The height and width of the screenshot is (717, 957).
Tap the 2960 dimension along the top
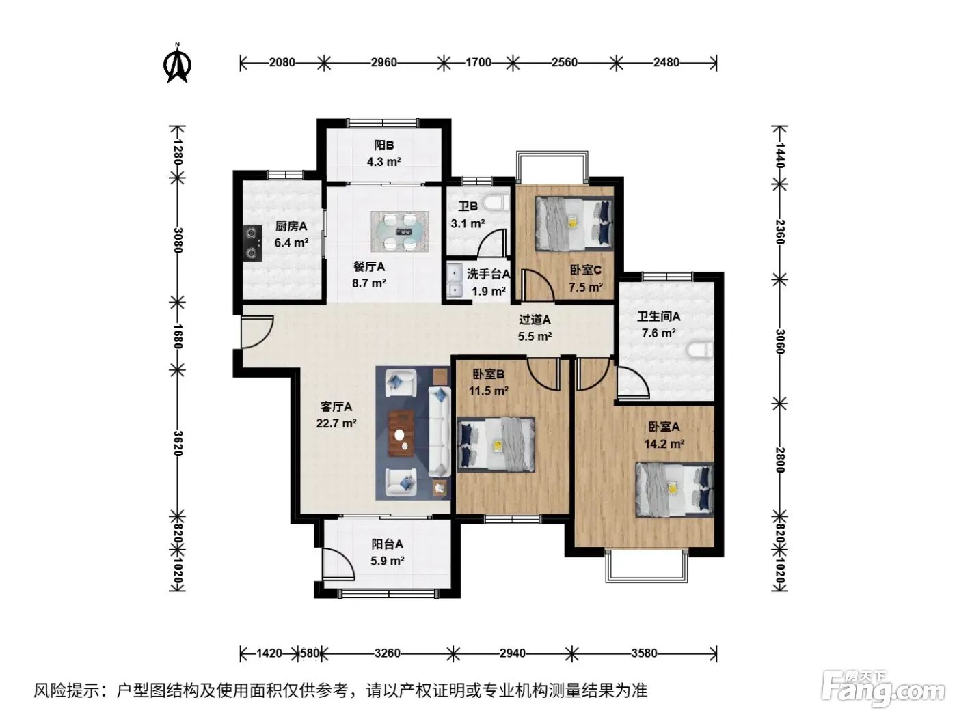[x=383, y=63]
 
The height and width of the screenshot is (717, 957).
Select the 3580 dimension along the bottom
[x=644, y=653]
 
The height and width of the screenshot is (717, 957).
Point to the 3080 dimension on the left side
[x=178, y=240]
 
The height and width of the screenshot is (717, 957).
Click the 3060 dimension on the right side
[x=780, y=341]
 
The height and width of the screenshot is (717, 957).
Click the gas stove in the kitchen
[x=252, y=243]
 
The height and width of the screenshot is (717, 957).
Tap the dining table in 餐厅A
[x=399, y=231]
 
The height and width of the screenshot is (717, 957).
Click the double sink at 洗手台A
[x=454, y=281]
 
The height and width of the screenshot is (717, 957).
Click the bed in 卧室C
[x=574, y=224]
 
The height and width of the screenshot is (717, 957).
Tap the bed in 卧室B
[x=496, y=445]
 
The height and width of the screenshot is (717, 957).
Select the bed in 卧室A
[x=675, y=490]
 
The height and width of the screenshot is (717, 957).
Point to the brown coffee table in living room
[x=401, y=433]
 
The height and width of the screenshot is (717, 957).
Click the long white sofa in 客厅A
[x=440, y=431]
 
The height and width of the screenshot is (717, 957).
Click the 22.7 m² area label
[x=336, y=423]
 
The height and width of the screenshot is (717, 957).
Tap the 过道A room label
[x=535, y=320]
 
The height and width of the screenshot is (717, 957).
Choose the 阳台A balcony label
[x=387, y=544]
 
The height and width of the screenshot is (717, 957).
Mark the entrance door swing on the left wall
[x=257, y=332]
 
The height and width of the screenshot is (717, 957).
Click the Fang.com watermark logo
[x=882, y=689]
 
